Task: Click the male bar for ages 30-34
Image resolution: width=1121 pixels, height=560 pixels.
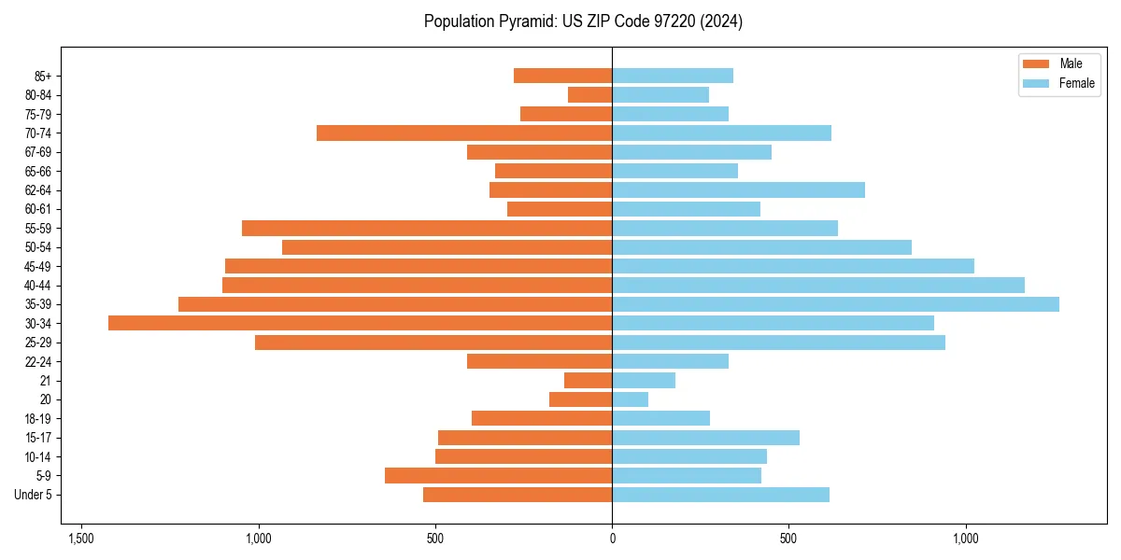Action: click(x=360, y=323)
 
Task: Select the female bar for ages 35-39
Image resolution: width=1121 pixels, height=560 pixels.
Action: click(x=835, y=304)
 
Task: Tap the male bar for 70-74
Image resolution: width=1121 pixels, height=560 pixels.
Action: click(x=464, y=133)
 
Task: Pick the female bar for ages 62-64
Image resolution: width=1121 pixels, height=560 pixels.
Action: click(x=738, y=189)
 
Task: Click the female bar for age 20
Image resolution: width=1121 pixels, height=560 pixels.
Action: click(x=630, y=399)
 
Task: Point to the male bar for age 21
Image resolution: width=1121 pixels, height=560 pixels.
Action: click(x=588, y=380)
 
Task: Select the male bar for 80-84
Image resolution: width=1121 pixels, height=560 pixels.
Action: click(x=589, y=94)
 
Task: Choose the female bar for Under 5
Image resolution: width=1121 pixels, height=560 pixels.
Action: click(x=720, y=495)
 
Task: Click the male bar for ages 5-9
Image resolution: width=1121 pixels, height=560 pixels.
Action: click(x=498, y=475)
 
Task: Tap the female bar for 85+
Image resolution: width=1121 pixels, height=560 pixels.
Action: click(x=673, y=76)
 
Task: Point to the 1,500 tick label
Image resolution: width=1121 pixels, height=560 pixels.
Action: click(x=81, y=539)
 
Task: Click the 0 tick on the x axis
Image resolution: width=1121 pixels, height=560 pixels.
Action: click(x=612, y=539)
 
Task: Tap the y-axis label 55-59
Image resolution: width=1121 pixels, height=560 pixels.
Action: click(x=38, y=228)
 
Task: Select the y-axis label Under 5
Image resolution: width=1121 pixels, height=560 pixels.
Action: click(x=33, y=495)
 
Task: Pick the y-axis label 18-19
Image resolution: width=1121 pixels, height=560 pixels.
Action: click(x=38, y=418)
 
